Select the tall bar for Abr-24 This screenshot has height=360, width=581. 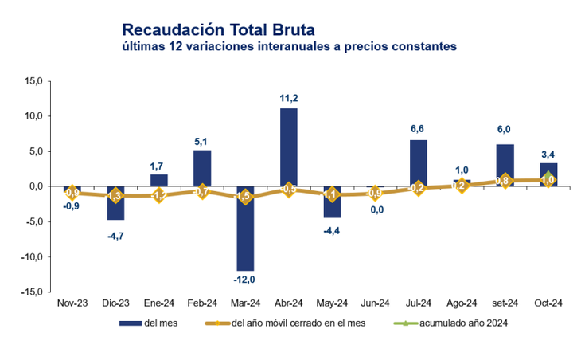(x=289, y=147)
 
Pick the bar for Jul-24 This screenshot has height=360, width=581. (x=419, y=163)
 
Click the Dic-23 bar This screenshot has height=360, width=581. (x=115, y=203)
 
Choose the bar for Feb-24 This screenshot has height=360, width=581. (x=202, y=168)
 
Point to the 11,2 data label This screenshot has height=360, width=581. (x=289, y=98)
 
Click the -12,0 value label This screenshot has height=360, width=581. (x=245, y=280)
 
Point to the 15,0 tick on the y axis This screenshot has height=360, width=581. (x=34, y=81)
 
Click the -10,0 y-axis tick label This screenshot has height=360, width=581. (x=33, y=257)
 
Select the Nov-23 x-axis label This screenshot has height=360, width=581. (x=72, y=303)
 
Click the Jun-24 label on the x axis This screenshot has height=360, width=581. (x=375, y=303)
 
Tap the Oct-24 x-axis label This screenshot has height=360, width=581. (x=548, y=303)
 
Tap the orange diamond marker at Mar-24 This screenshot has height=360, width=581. (x=245, y=197)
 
